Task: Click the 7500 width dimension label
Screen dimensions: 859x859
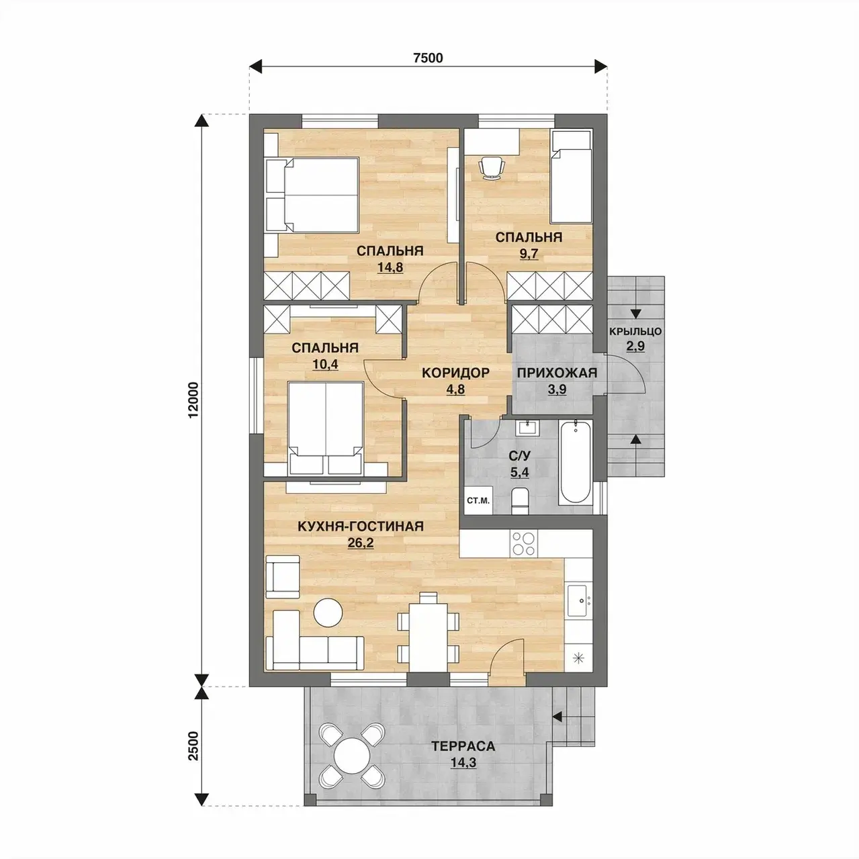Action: [428, 58]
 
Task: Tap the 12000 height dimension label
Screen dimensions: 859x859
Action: [193, 400]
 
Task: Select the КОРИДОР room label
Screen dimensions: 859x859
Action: [455, 372]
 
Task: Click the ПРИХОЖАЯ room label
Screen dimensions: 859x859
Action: [557, 373]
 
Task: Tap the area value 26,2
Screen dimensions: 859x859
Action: [361, 543]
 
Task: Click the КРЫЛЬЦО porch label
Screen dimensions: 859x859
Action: [635, 331]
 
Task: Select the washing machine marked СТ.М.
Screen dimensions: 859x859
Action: [478, 500]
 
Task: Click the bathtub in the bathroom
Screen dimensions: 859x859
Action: [576, 463]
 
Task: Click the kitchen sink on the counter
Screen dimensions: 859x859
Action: [580, 601]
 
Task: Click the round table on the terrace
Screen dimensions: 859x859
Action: [352, 756]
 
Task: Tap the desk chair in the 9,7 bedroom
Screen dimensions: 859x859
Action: [492, 168]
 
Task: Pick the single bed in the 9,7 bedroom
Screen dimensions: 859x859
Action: [571, 176]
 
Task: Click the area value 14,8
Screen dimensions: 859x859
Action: [390, 267]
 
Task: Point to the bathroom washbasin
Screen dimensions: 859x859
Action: [529, 428]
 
